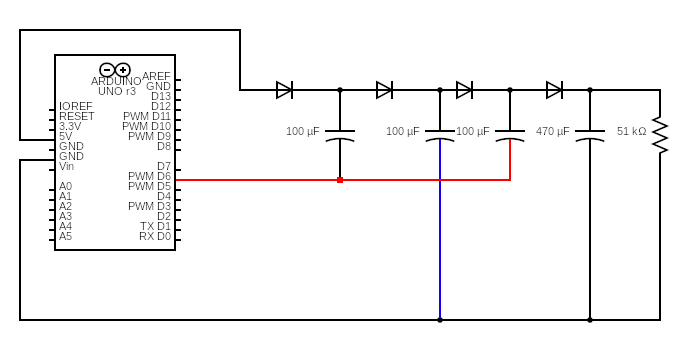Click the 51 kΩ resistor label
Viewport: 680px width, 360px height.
click(x=631, y=131)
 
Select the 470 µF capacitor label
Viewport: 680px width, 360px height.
click(x=552, y=131)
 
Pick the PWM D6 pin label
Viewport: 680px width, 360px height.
click(x=149, y=176)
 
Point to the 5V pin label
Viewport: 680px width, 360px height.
click(x=65, y=136)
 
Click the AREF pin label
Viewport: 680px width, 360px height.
click(x=156, y=76)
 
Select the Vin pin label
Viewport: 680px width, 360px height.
click(x=66, y=166)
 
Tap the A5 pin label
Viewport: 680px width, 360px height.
click(x=65, y=236)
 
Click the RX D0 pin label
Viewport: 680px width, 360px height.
click(x=154, y=236)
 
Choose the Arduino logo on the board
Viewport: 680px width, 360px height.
click(x=115, y=69)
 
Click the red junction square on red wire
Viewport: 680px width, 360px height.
click(x=340, y=180)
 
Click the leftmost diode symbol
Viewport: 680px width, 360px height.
click(x=284, y=90)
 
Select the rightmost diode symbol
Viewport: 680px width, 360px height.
click(x=554, y=90)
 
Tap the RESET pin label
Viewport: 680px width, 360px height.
click(x=76, y=116)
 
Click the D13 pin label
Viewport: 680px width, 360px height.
click(x=161, y=96)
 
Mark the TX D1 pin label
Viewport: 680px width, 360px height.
click(x=155, y=226)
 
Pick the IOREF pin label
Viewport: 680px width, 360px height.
click(x=76, y=106)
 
